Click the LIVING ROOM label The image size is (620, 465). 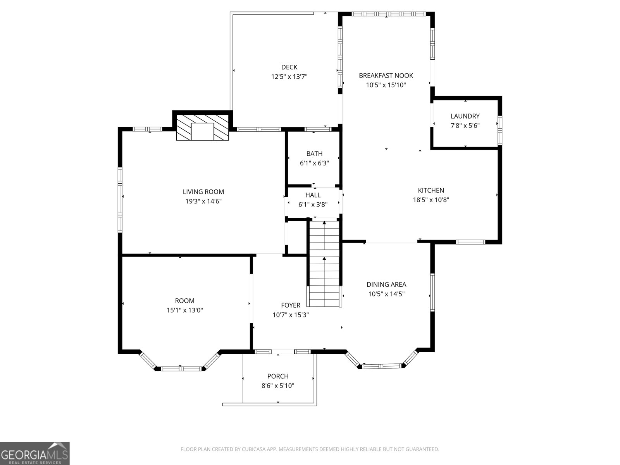pos(203,192)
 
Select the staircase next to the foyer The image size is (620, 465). pos(324,263)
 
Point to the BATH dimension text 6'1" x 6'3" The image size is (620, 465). pos(314,164)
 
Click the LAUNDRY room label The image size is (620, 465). pos(465,116)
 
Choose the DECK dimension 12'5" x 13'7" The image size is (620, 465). pos(289,77)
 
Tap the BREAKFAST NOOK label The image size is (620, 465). pos(386,76)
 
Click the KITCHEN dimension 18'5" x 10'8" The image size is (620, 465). pos(431,200)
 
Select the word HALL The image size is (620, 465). pos(313,195)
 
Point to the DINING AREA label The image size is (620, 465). pos(386,284)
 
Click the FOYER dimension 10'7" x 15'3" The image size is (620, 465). pos(291,315)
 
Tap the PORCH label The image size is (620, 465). pos(278,376)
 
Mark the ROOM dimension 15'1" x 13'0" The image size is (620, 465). pos(185,310)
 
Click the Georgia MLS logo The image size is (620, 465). pos(35,453)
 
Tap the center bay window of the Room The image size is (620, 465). pos(180,369)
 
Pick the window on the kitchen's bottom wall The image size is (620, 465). pos(470,242)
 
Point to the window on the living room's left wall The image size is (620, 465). pos(120,200)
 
